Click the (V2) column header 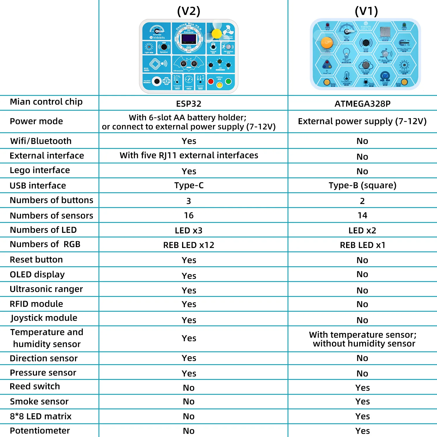coord(189,11)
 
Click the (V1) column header coord(366,11)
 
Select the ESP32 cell coord(189,104)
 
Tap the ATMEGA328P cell coord(362,104)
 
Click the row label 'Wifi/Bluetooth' coord(41,141)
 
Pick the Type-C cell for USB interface coord(189,185)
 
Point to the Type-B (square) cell coord(362,185)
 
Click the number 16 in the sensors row coord(189,215)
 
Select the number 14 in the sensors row coord(362,215)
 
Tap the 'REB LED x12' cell coord(189,245)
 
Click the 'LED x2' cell coord(362,230)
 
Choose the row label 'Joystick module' coord(44,318)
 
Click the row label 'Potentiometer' coord(40,431)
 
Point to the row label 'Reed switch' coord(35,386)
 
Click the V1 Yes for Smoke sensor coord(362,401)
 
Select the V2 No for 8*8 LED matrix coord(189,416)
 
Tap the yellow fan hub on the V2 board coord(217,34)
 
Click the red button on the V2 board coord(211,81)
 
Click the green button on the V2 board coord(228,81)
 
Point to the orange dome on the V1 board coord(327,43)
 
